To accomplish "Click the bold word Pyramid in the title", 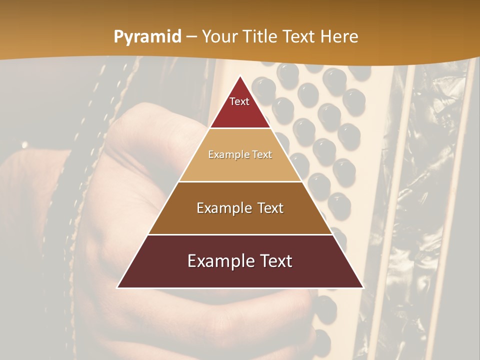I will [147, 37].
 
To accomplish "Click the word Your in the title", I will [219, 37].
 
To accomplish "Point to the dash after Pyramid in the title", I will [191, 37].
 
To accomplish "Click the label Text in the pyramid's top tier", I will [239, 101].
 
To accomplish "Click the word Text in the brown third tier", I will [268, 208].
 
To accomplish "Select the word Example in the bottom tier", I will [217, 261].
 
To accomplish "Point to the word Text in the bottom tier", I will [275, 261].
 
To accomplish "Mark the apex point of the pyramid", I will [240, 76].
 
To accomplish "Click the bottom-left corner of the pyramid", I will [118, 287].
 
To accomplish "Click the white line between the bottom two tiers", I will [240, 234].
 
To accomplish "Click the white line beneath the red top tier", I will [240, 128].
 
